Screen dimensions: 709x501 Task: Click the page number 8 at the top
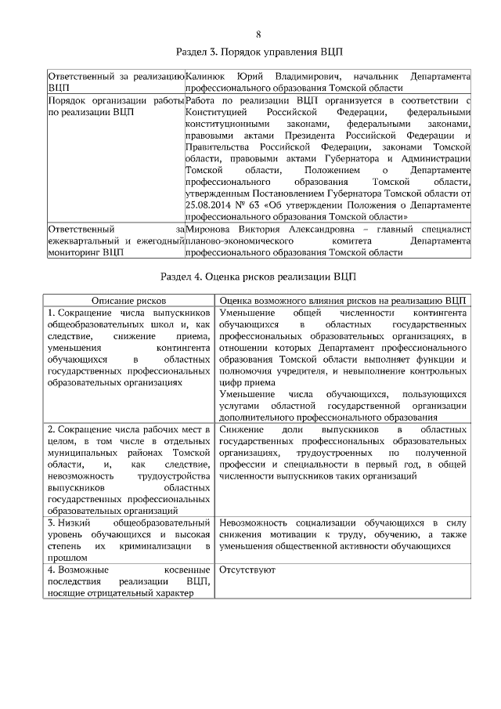pyautogui.click(x=258, y=34)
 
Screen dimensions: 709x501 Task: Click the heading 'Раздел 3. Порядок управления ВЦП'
pyautogui.click(x=258, y=52)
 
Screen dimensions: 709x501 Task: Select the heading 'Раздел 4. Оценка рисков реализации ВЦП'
pyautogui.click(x=258, y=277)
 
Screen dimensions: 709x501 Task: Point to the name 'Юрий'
pyautogui.click(x=248, y=77)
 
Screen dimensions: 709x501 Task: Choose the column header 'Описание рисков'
pyautogui.click(x=128, y=300)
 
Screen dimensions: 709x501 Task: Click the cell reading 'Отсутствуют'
pyautogui.click(x=247, y=569)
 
